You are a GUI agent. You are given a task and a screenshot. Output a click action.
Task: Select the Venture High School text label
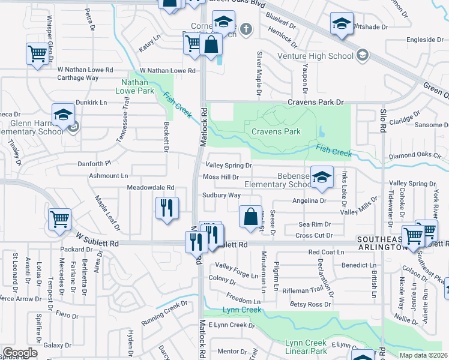tap(315, 56)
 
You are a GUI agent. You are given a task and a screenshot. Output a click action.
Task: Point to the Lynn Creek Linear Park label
tap(307, 347)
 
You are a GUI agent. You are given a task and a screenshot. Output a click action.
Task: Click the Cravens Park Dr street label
tap(318, 103)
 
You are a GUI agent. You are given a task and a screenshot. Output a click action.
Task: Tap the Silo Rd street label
tap(382, 120)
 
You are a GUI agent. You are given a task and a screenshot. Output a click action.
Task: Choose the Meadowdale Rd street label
tap(151, 188)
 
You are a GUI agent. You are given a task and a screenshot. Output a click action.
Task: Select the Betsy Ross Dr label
tap(310, 305)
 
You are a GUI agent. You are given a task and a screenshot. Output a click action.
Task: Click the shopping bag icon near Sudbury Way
tap(250, 216)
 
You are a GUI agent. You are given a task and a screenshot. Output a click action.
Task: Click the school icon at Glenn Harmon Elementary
tap(63, 114)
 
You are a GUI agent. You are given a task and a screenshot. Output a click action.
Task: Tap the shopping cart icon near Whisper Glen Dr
tap(37, 54)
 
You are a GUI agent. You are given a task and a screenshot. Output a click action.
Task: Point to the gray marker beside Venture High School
tap(362, 56)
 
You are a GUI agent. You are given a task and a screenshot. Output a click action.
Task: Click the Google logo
tap(20, 353)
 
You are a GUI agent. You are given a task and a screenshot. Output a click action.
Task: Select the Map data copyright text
tap(423, 355)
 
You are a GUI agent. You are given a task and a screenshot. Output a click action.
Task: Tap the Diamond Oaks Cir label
tap(419, 155)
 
